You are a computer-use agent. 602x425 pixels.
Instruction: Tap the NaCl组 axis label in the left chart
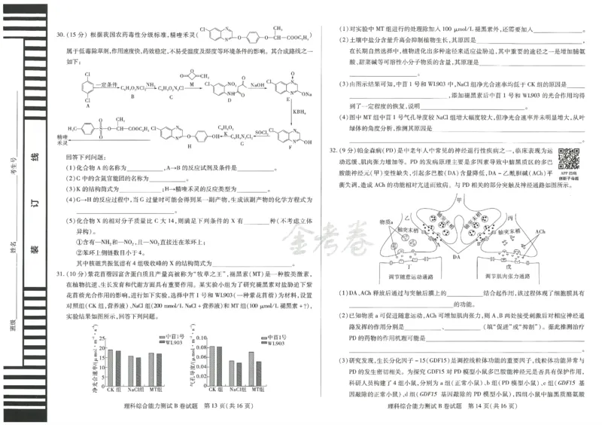point(135,390)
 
